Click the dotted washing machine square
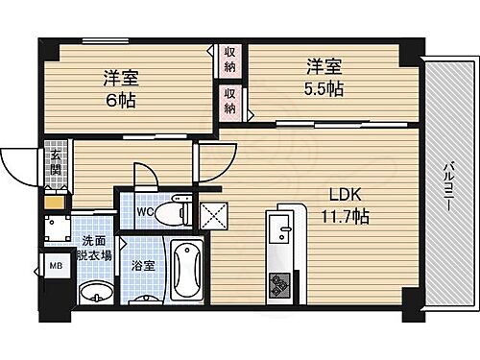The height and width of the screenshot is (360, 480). click(x=55, y=229)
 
